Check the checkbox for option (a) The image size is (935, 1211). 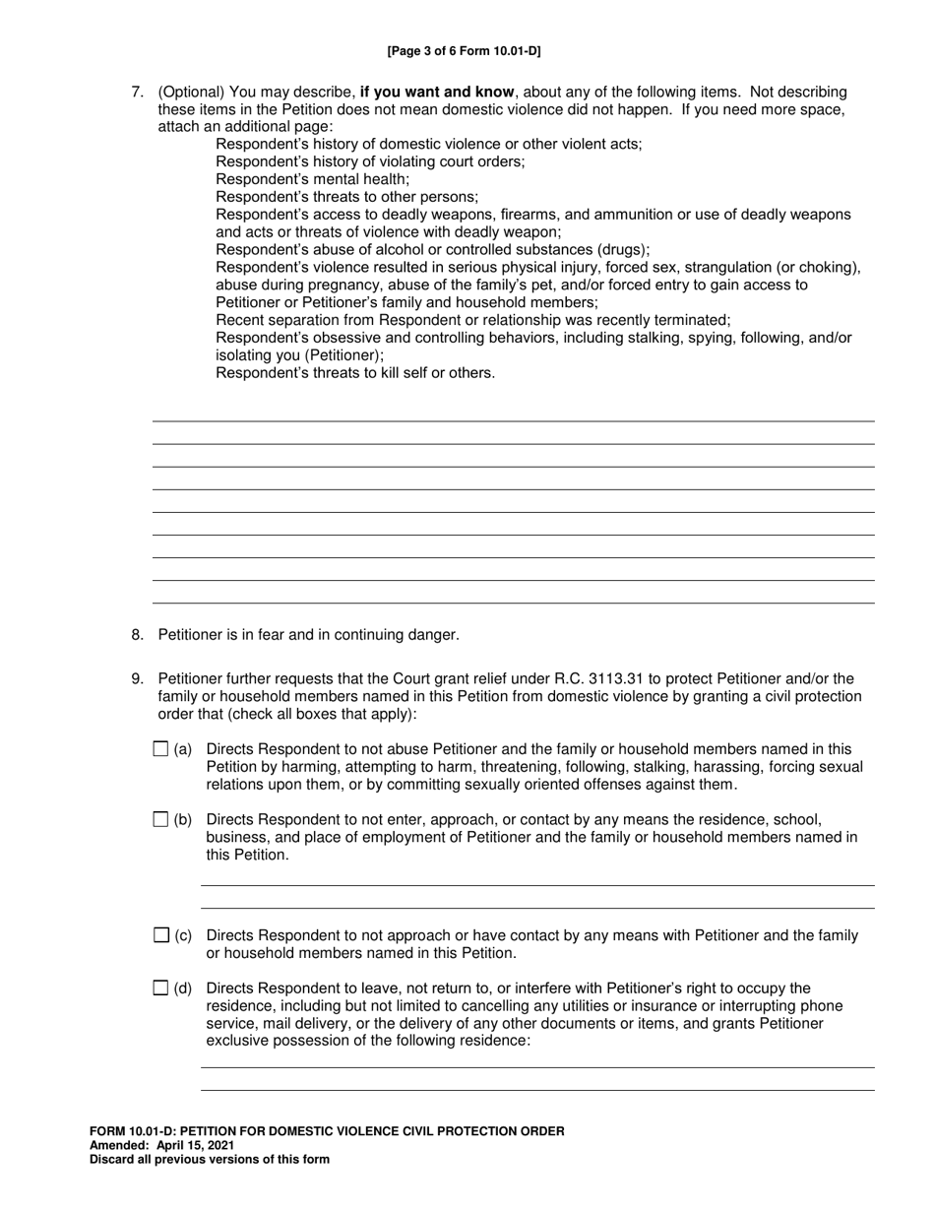point(161,749)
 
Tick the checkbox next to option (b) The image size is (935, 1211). point(161,819)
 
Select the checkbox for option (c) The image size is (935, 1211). point(161,935)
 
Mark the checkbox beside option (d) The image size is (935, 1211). point(161,988)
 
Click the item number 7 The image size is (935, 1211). point(138,92)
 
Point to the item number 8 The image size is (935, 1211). point(138,635)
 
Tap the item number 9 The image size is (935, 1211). point(138,678)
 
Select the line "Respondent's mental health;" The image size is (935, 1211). point(312,179)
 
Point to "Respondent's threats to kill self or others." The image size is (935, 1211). point(355,373)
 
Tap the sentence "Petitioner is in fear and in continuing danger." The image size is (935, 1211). point(308,635)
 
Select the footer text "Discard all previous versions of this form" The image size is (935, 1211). point(210,1160)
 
